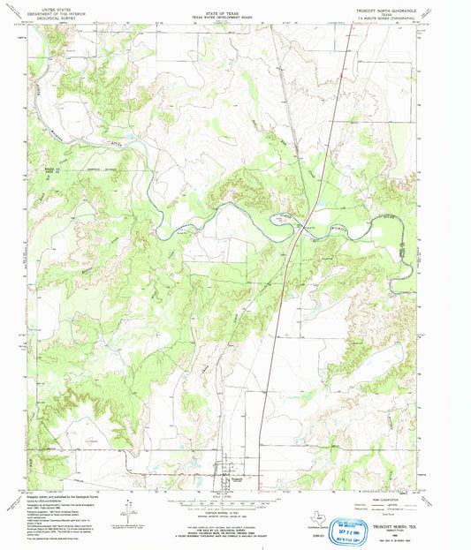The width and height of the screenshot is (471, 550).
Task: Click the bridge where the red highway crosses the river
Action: coord(301,226)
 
